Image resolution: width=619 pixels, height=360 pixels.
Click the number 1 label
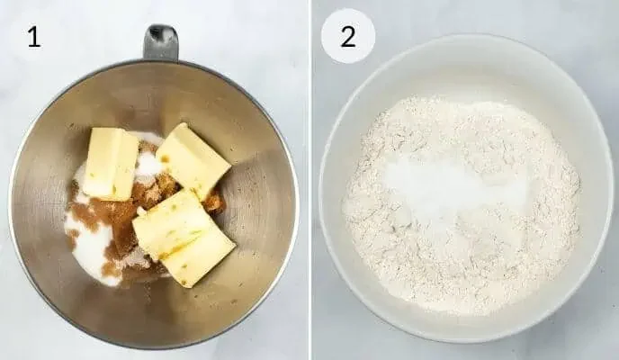point(33,37)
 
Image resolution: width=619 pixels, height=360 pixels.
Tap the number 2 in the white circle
point(347,37)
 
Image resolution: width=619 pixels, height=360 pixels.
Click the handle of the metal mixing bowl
point(161,41)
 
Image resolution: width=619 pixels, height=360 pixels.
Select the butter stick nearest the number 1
point(111,163)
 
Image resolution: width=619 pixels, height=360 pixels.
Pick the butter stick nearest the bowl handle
point(193,160)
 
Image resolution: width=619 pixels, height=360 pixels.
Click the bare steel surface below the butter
point(162,310)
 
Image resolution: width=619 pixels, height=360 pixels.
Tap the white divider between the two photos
point(309,180)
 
